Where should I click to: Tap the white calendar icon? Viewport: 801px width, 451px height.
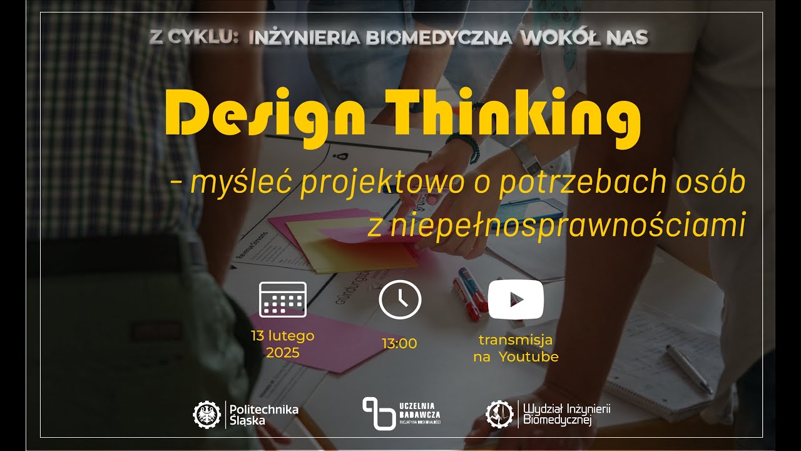click(x=282, y=299)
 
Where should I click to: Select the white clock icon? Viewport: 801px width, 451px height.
click(x=400, y=300)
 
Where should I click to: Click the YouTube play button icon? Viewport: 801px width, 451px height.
click(x=516, y=300)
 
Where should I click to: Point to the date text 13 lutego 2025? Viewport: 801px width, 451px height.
click(x=282, y=344)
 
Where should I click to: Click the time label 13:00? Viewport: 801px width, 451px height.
click(x=399, y=343)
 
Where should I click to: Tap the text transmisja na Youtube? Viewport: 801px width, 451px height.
click(x=516, y=348)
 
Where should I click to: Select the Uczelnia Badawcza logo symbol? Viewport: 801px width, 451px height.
click(x=379, y=414)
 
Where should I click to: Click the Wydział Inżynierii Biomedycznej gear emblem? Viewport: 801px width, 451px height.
click(x=499, y=413)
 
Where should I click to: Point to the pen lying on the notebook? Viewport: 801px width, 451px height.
click(x=688, y=370)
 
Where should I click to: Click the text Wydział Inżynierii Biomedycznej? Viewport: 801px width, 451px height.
click(x=566, y=415)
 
